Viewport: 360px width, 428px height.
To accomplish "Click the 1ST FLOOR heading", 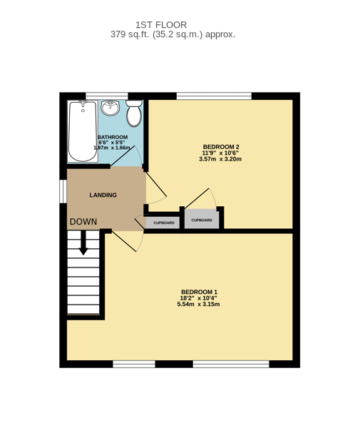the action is click(161, 25).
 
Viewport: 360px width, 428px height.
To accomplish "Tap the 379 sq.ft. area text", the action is click(130, 34).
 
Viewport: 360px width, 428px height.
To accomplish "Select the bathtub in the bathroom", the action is click(83, 131).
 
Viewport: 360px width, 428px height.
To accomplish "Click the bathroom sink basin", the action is click(110, 107).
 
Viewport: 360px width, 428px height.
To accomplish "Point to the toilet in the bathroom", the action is click(134, 113).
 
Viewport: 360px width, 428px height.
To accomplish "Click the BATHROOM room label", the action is click(113, 137).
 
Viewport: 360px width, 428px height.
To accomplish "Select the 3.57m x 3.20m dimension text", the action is click(220, 159).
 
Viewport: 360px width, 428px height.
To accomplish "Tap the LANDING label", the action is click(103, 195).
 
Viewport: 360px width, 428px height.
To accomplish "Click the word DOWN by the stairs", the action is click(83, 222).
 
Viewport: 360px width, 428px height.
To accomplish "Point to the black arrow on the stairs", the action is click(83, 243).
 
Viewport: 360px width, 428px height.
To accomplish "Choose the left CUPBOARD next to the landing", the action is click(163, 223).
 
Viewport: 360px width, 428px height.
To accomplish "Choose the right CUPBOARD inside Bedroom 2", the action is click(202, 219).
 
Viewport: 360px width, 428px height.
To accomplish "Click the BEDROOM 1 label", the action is click(199, 292).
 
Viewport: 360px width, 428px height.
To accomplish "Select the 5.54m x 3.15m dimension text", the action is click(199, 304).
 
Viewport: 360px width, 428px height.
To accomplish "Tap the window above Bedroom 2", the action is click(214, 96).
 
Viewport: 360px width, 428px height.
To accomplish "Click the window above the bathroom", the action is click(107, 96).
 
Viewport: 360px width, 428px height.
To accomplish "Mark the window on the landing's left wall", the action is click(63, 191).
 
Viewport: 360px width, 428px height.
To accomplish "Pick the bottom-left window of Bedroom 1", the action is click(134, 364).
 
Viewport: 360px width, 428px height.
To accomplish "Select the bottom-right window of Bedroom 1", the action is click(231, 364).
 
